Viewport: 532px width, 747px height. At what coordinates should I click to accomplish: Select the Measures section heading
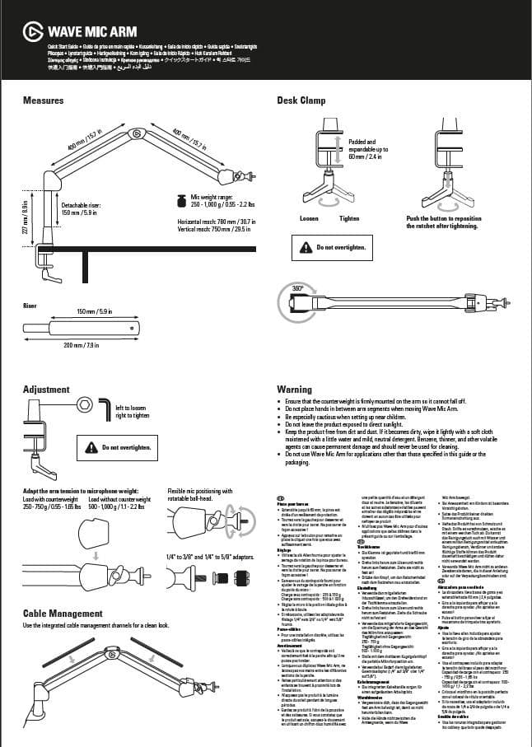(44, 100)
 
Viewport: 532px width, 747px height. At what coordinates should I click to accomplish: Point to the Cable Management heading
(63, 614)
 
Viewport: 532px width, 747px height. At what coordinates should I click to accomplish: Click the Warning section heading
(294, 389)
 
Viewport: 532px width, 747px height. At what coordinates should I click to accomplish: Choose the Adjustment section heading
(46, 389)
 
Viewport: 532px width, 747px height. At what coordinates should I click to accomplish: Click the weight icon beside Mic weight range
(179, 200)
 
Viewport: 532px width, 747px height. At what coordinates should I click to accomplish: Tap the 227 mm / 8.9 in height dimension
(26, 217)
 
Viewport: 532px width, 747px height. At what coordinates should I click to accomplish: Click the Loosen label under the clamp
(310, 218)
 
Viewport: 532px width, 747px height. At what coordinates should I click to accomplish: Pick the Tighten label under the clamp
(349, 218)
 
